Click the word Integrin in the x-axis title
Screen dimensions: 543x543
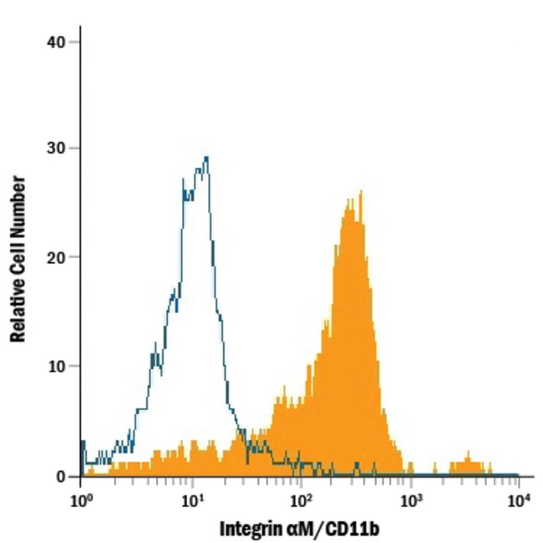(x=248, y=528)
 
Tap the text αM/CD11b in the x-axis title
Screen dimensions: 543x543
(x=327, y=528)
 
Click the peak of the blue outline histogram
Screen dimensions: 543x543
(x=206, y=157)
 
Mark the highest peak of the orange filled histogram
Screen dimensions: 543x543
(x=360, y=192)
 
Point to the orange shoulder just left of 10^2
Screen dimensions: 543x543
(x=284, y=406)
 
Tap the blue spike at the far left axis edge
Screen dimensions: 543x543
(x=83, y=443)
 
